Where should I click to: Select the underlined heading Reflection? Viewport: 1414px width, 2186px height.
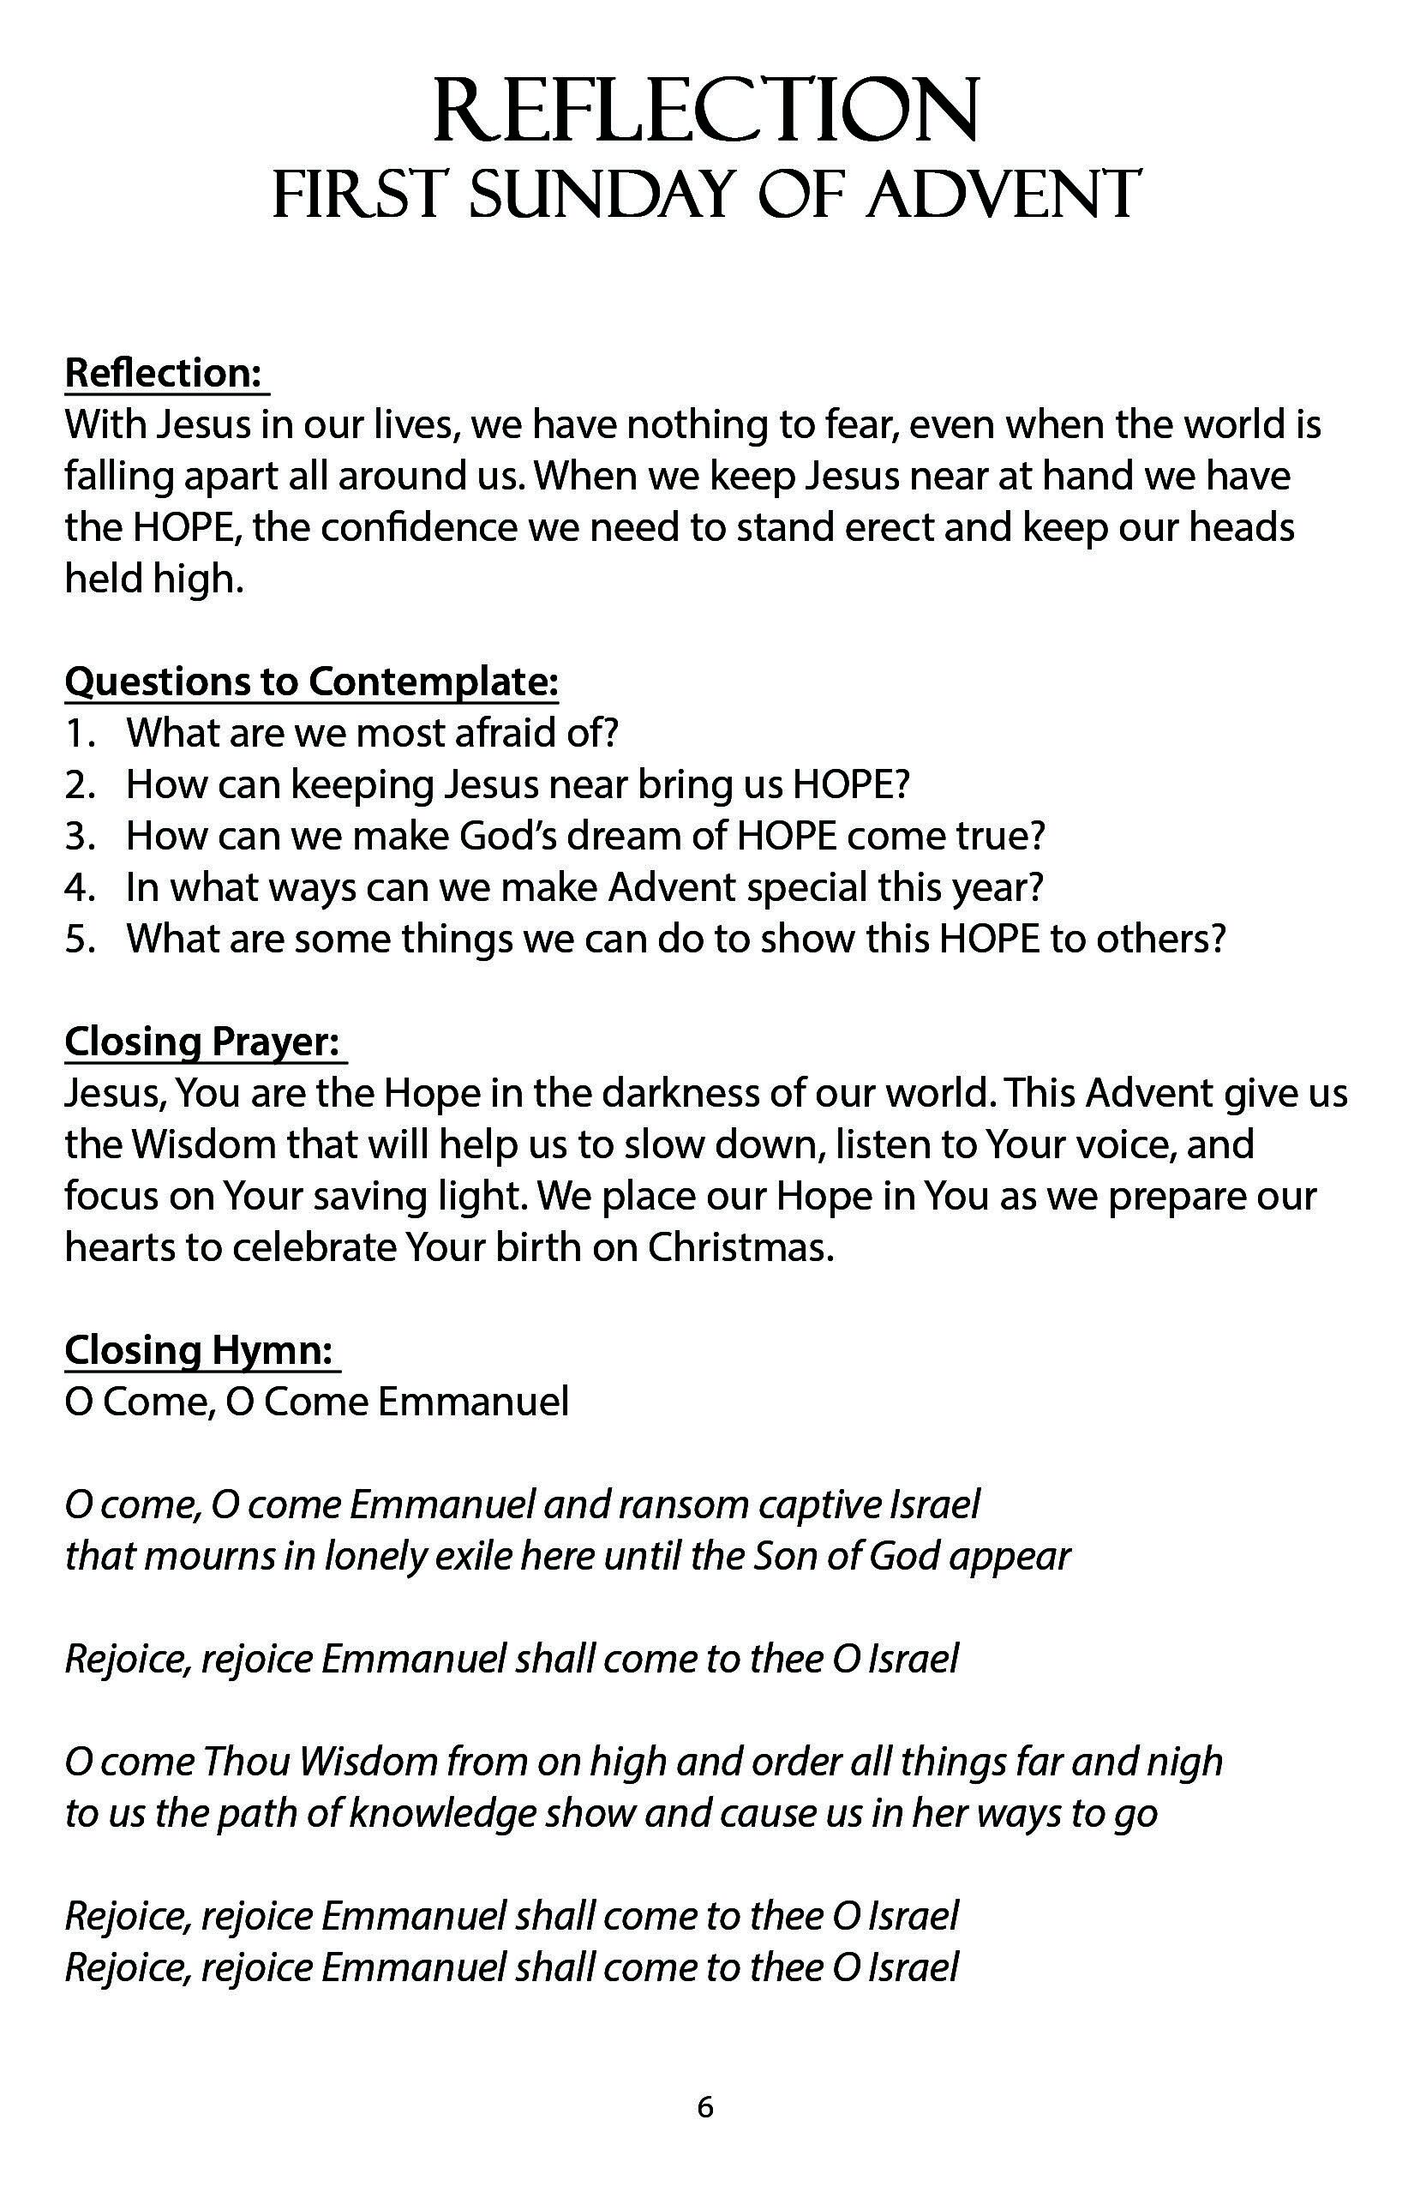[x=165, y=373]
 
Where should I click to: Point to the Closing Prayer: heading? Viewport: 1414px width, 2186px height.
[x=203, y=1042]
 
